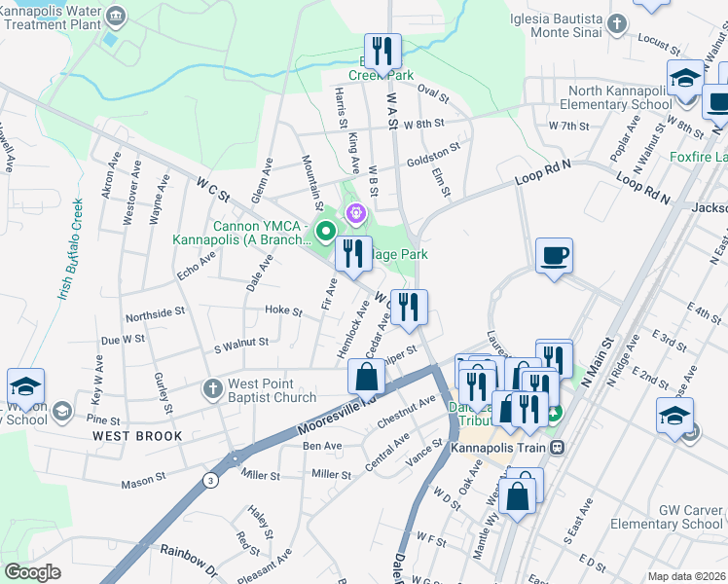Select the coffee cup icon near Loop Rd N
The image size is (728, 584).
[554, 256]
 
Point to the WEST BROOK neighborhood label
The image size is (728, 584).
[137, 436]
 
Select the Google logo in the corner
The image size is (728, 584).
[32, 572]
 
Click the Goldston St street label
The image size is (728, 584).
[433, 153]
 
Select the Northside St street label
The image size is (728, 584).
[155, 313]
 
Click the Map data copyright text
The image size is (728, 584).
[685, 575]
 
